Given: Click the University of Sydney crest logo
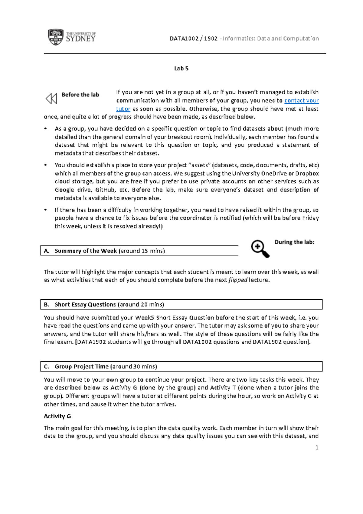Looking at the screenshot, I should click(x=56, y=37).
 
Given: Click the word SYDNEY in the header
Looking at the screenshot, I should click(x=80, y=39).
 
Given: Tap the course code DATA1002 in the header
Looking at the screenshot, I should click(x=184, y=38).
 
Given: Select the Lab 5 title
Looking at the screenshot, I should click(x=181, y=68).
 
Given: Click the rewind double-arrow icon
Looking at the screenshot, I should click(x=51, y=98).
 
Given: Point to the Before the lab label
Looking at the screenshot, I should click(x=80, y=95).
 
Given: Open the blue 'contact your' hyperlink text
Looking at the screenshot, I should click(x=301, y=100).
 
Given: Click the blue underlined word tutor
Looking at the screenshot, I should click(x=123, y=109).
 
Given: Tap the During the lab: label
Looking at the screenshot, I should click(x=294, y=242).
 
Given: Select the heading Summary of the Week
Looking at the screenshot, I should click(x=86, y=251).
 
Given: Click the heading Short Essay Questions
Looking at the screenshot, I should click(x=85, y=305).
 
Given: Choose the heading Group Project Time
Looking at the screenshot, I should click(x=82, y=366).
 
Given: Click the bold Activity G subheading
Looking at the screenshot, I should click(x=57, y=416).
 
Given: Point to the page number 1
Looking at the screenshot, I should click(x=317, y=448).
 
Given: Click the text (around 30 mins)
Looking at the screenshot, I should click(x=133, y=366).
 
